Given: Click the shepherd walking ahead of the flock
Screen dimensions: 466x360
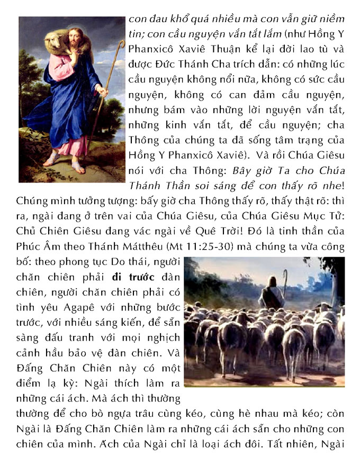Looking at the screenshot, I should pos(271,295).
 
